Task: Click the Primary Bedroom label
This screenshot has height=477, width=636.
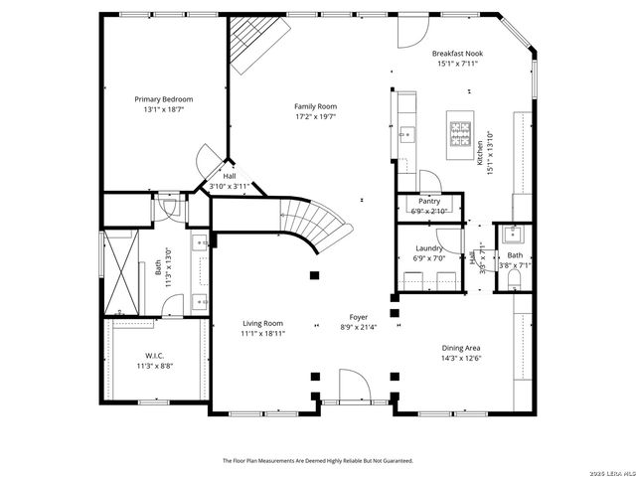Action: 164,99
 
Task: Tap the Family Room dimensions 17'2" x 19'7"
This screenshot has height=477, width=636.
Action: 315,115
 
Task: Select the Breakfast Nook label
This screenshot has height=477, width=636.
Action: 456,54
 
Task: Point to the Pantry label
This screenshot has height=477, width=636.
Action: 429,201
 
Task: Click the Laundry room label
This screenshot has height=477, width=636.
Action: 429,247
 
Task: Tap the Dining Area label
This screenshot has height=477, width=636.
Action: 462,348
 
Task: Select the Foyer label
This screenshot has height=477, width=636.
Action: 358,317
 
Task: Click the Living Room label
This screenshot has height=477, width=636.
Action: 263,323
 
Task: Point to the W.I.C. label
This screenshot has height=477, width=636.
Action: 154,356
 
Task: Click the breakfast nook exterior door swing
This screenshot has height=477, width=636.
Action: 410,32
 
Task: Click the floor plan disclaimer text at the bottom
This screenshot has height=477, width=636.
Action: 317,461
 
